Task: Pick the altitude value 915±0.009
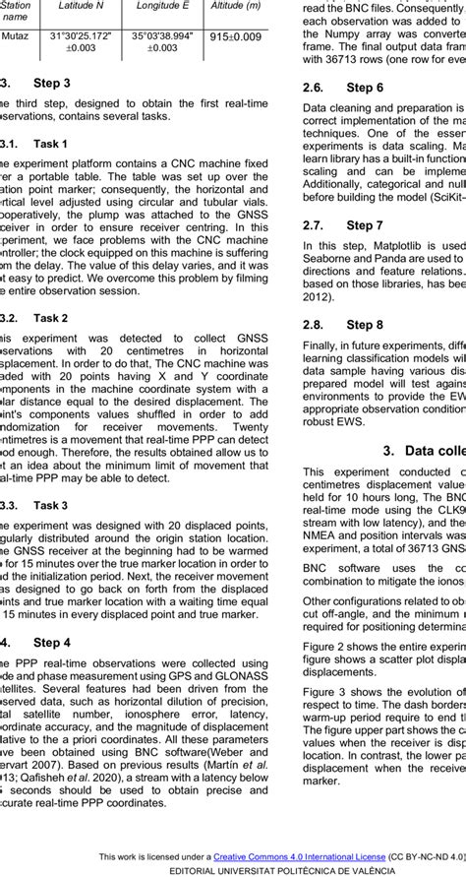[236, 37]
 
